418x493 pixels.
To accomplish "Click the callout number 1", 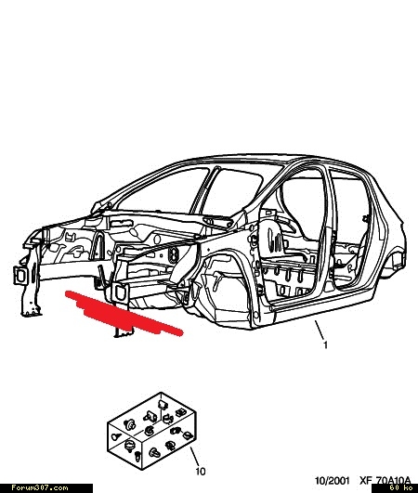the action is (325, 345).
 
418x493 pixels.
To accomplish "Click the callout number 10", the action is (201, 472).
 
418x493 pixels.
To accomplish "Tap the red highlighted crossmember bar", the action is (124, 314).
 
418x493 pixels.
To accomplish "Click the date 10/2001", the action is (333, 480).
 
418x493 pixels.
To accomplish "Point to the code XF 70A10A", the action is (385, 480).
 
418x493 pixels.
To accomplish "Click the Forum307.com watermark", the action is (40, 488).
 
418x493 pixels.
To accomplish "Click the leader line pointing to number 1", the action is (320, 330).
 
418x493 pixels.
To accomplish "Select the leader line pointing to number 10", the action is (194, 457).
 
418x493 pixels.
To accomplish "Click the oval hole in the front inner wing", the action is (174, 254).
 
